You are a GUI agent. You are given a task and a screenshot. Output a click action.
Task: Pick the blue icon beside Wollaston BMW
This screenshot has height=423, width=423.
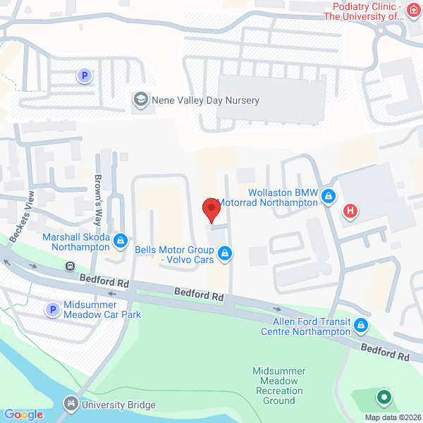[328, 196]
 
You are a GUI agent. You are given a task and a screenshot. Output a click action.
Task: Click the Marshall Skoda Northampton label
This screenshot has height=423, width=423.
[75, 243]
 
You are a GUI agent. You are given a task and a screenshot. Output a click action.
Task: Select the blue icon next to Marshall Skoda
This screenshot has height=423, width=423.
[121, 241]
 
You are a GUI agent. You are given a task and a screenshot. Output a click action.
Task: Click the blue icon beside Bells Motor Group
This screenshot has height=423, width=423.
[225, 252]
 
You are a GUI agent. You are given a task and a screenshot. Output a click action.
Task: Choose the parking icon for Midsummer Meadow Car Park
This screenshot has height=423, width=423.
[52, 309]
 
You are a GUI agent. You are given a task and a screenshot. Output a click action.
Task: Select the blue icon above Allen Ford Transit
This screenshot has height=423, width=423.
[361, 325]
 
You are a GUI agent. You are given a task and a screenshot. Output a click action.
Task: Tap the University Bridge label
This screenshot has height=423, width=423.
[118, 405]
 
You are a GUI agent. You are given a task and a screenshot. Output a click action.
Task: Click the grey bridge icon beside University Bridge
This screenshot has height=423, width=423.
[70, 404]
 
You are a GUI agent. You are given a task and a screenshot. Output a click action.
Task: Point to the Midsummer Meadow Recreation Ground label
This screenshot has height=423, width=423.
[278, 386]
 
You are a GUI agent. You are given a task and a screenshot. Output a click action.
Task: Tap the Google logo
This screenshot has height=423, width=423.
[24, 415]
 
